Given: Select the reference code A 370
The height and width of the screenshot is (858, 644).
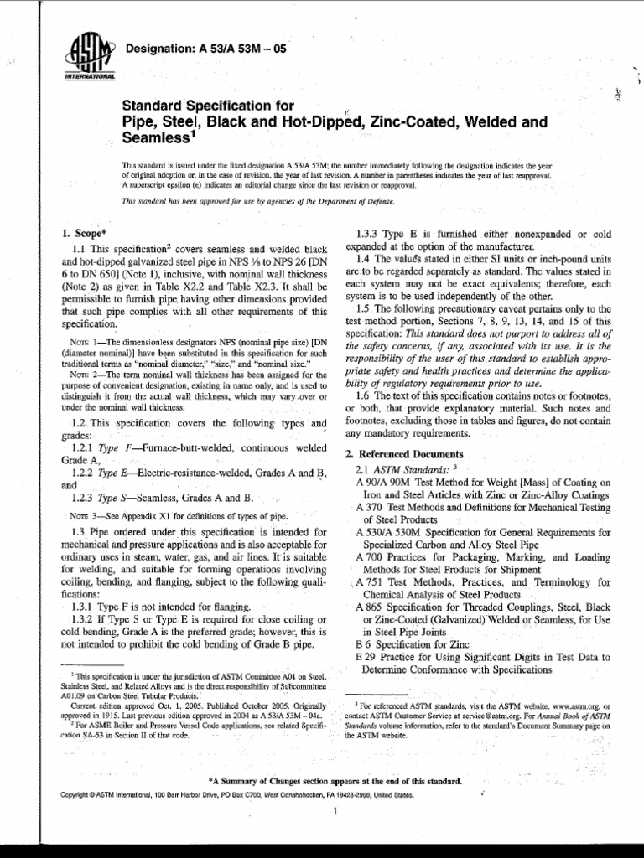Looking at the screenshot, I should [370, 507].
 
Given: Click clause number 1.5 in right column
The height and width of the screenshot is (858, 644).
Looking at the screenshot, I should [364, 308].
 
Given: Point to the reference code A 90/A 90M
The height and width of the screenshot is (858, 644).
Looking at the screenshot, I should [380, 482].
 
